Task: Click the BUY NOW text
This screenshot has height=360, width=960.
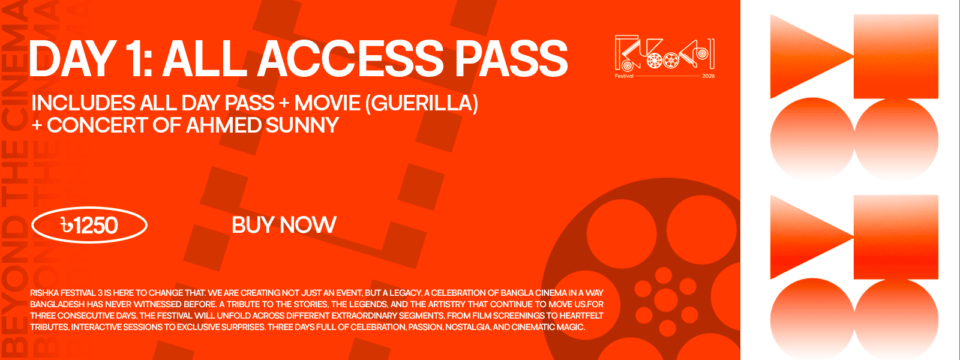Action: pos(284,225)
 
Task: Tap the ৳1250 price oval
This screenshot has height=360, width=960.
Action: pos(89,225)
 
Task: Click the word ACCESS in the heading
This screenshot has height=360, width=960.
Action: pos(350,59)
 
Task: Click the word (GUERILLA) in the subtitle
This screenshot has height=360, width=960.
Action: pos(422,103)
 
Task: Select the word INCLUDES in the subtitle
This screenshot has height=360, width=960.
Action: pos(83,103)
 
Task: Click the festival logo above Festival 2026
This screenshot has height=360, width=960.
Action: pos(665,53)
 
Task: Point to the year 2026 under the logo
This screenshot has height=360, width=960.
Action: pos(709,76)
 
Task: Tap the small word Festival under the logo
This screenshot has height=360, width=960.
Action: pos(624,76)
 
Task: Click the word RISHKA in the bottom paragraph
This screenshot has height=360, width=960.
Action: pos(44,293)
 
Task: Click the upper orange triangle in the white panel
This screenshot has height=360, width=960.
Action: pos(806,56)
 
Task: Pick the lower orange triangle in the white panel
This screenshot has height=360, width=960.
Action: pos(806,237)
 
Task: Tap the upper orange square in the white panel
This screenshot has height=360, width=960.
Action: pos(896,56)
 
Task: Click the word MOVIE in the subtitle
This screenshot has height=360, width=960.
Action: pos(327,103)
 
